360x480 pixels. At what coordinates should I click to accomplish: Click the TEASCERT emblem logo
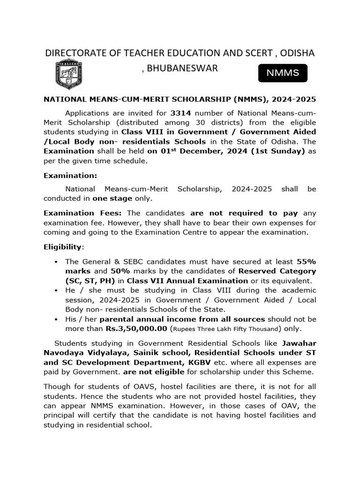[69, 74]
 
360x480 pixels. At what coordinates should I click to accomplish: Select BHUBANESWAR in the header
[182, 68]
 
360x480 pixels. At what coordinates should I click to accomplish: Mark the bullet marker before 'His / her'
[56, 319]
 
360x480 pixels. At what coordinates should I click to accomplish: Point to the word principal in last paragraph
[60, 415]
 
